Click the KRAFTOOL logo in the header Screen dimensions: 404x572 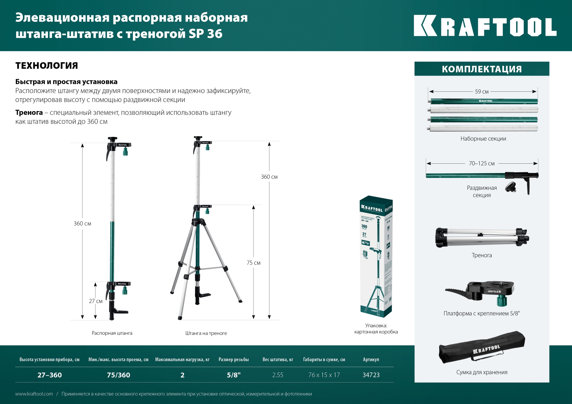click(x=485, y=26)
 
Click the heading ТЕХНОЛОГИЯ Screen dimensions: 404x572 click(x=47, y=65)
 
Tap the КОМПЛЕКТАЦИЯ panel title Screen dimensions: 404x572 click(x=482, y=69)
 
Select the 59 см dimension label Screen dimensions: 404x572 click(x=482, y=92)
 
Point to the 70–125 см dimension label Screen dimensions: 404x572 click(x=482, y=163)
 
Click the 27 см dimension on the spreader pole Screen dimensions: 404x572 click(x=96, y=301)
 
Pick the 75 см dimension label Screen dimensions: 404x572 click(x=254, y=263)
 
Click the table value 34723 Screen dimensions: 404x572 click(x=371, y=375)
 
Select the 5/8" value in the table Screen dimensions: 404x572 click(x=234, y=375)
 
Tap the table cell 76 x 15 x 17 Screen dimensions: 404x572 click(x=324, y=375)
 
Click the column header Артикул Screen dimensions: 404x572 click(x=371, y=360)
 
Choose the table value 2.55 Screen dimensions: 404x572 click(x=278, y=375)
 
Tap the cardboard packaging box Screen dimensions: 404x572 click(x=376, y=256)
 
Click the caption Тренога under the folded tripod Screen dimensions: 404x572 click(x=482, y=255)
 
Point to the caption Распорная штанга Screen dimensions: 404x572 click(x=112, y=333)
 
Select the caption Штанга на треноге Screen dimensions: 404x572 click(x=206, y=333)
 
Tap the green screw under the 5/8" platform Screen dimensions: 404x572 click(x=502, y=301)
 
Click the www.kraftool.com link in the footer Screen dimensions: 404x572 click(x=34, y=394)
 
